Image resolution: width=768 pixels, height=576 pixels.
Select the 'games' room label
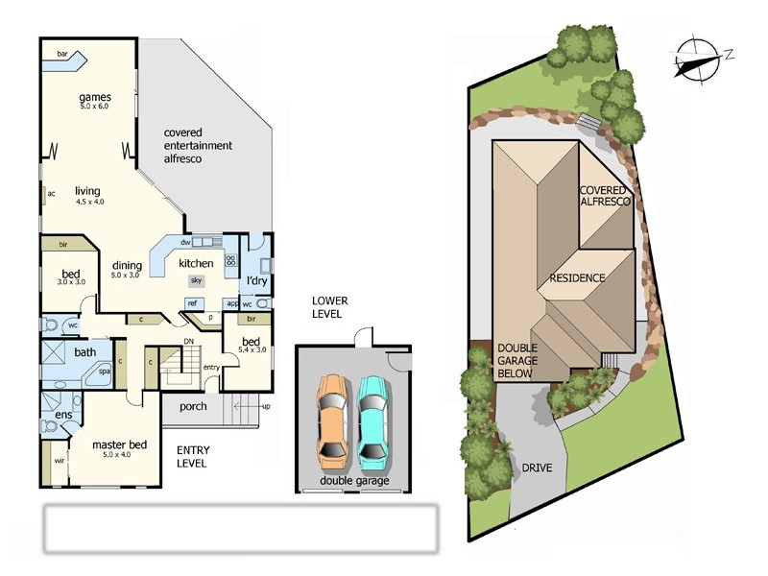95,98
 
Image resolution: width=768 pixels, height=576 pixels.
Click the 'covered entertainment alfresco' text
198,145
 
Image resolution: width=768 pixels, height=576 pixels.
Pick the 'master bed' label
119,445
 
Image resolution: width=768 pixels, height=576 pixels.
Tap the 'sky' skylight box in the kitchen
196,280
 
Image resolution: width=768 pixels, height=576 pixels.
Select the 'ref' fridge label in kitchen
192,303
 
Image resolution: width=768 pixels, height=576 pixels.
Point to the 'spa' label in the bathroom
104,371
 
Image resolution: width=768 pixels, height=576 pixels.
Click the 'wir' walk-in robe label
59,461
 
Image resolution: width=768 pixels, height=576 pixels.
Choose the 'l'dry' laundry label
257,280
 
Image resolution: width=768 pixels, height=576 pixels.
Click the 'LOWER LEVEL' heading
330,307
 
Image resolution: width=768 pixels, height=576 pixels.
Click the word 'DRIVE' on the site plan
538,469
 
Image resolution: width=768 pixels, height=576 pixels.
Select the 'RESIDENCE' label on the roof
577,278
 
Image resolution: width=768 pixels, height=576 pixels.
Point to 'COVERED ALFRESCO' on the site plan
606,196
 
